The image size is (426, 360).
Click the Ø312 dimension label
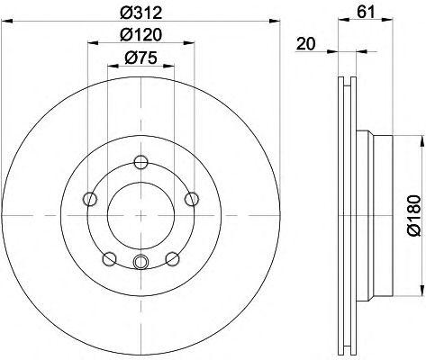(x=140, y=13)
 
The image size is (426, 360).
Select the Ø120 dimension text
(x=140, y=35)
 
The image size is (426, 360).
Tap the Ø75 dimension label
(x=140, y=58)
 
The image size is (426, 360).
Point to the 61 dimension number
(x=366, y=12)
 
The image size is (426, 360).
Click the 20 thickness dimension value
(x=306, y=44)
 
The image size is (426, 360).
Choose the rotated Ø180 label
(x=414, y=215)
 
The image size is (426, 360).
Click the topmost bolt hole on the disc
(x=140, y=162)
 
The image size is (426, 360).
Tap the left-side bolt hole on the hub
(x=90, y=199)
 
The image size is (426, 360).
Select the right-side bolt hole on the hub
(x=192, y=199)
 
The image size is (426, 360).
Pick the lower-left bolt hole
(x=109, y=259)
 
